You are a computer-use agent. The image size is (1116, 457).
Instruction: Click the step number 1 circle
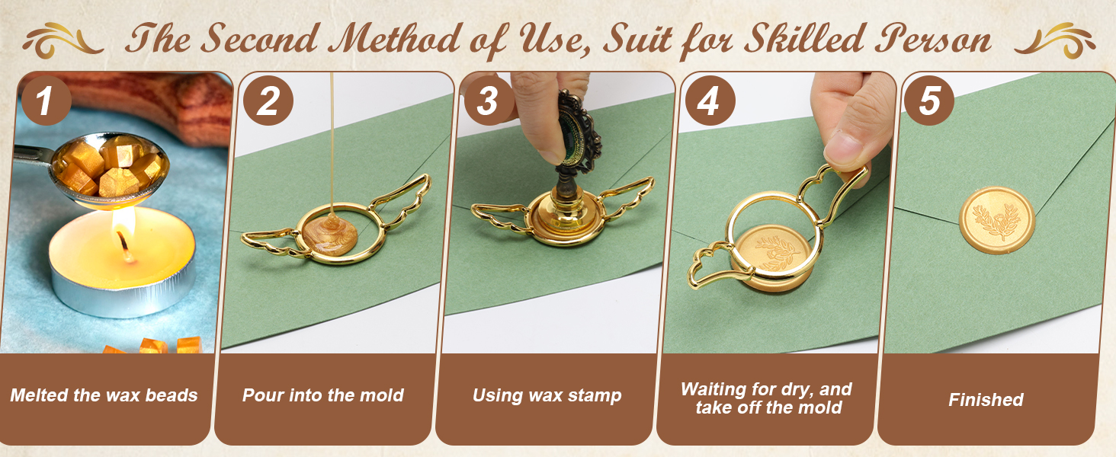(45, 101)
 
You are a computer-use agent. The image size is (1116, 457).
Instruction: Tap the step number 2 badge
(267, 101)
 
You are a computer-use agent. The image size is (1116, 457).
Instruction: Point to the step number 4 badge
(709, 101)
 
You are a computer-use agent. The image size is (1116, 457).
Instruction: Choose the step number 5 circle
(929, 101)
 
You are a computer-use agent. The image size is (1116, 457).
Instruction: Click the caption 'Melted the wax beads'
(104, 395)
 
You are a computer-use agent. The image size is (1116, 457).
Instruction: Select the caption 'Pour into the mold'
(323, 395)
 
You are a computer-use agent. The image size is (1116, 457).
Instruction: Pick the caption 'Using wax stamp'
(547, 395)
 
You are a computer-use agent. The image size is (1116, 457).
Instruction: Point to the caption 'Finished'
(986, 399)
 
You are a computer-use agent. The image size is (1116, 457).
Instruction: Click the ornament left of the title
(64, 38)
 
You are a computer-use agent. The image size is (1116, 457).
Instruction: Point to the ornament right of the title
(1056, 38)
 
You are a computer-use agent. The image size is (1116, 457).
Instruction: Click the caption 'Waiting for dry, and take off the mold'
(767, 398)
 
